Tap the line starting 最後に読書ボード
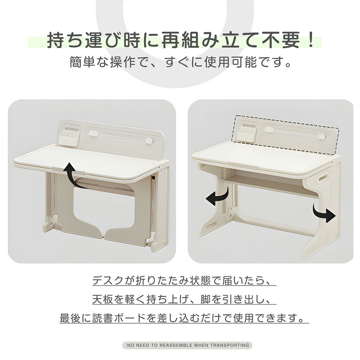point(184,318)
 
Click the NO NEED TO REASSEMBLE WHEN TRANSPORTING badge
point(187,345)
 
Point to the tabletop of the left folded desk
point(90,160)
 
